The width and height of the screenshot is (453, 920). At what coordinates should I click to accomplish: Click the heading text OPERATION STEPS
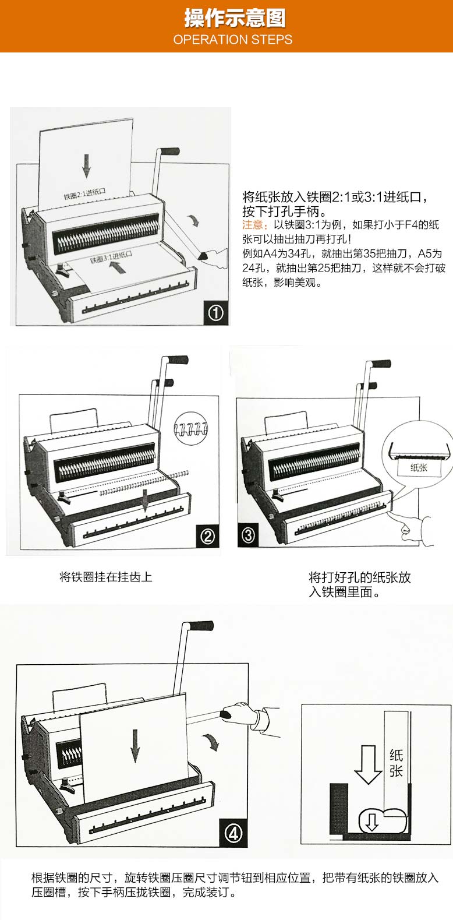pos(233,40)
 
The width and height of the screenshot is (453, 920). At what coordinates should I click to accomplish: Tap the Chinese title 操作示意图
pos(234,18)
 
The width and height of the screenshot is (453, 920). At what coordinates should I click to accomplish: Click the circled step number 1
pos(216,313)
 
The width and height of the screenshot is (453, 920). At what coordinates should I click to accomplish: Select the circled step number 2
pos(207,536)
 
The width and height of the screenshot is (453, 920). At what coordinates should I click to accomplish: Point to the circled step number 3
pos(248,535)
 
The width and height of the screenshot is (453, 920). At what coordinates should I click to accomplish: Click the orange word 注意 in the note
pos(252,225)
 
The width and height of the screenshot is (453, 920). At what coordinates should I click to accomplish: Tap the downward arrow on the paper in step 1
pos(86,166)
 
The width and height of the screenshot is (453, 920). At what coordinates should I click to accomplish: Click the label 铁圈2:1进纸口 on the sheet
pos(84,193)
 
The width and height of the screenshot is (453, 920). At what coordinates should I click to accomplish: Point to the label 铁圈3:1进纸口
pos(111,257)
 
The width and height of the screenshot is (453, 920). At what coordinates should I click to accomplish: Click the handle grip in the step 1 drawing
pos(169,151)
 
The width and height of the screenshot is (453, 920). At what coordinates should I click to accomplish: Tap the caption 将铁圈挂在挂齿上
pos(106,577)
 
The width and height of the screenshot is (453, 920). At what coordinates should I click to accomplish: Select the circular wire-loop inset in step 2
pos(191,428)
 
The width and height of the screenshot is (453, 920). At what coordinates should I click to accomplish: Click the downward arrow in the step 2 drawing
pos(144,500)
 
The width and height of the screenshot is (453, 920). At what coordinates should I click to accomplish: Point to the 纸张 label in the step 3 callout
pos(419,467)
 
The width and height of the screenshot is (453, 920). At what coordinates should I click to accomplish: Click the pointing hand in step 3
pos(415,530)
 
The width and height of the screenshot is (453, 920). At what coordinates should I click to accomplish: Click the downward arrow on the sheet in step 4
pos(135,746)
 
